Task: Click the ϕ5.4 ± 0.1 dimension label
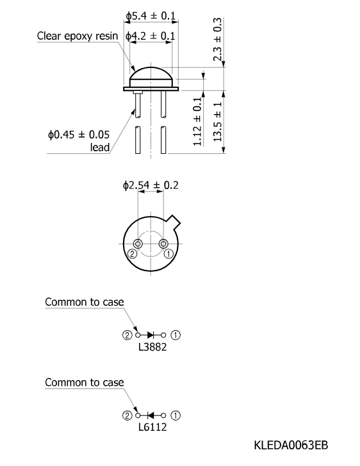(x=151, y=16)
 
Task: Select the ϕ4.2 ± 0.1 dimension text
(x=150, y=36)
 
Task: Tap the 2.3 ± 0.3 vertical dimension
(x=217, y=39)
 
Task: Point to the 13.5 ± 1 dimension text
(x=217, y=122)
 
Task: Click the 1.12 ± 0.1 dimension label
(x=197, y=122)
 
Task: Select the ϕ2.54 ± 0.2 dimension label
(x=151, y=185)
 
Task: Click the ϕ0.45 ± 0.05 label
(x=79, y=135)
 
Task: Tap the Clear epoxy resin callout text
(x=78, y=36)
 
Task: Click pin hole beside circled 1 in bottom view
(x=163, y=244)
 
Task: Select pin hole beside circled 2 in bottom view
(x=138, y=244)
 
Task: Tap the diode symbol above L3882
(x=151, y=335)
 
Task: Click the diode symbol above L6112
(x=151, y=415)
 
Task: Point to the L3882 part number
(x=152, y=347)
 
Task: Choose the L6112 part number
(x=152, y=427)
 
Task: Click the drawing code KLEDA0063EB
(x=291, y=445)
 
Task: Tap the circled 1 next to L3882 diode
(x=176, y=335)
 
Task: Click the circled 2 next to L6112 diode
(x=127, y=415)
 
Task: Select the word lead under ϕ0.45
(x=100, y=147)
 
